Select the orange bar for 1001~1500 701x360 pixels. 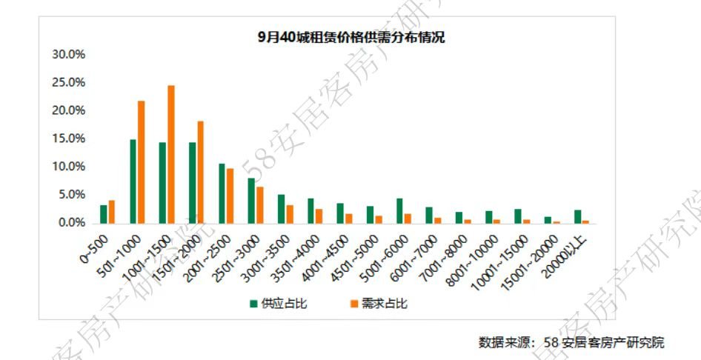(x=170, y=154)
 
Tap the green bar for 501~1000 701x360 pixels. (x=133, y=181)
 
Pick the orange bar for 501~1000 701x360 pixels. (x=142, y=162)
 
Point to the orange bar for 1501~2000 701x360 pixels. (x=200, y=172)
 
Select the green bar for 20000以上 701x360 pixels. (x=577, y=216)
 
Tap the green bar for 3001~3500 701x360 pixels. (x=281, y=209)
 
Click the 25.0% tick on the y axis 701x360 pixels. (x=68, y=82)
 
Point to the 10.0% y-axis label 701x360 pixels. (x=68, y=167)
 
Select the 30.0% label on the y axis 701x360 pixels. (x=68, y=55)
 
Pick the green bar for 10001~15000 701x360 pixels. (x=518, y=216)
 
